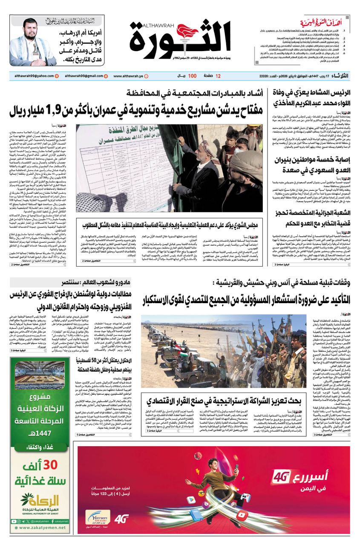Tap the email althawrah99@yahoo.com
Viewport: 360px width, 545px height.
pyautogui.click(x=32, y=76)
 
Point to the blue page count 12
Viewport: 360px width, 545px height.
pyautogui.click(x=218, y=76)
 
